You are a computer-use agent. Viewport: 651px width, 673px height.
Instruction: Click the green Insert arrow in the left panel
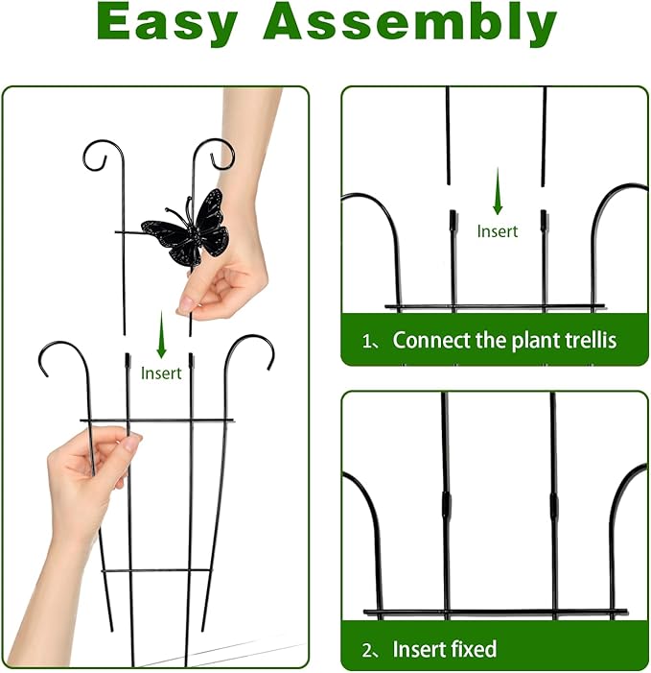[x=161, y=337]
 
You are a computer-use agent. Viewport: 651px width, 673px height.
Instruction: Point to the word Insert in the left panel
[x=160, y=373]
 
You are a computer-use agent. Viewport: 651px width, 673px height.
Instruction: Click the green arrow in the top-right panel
[x=498, y=192]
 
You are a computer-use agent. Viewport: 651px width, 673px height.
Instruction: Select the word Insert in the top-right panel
[x=497, y=230]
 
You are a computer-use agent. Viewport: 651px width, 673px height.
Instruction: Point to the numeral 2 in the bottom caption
[x=368, y=650]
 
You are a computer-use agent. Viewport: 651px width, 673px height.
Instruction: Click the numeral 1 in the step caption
[x=367, y=341]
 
